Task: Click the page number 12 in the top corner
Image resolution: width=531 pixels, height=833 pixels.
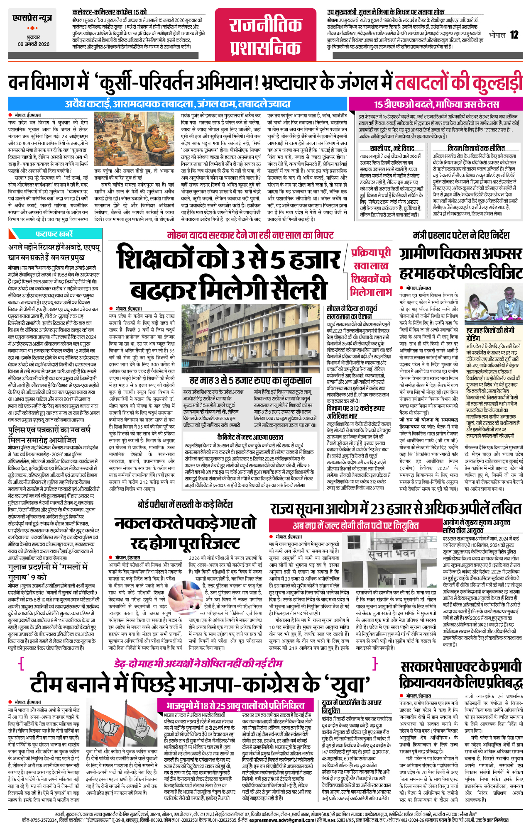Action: [514, 35]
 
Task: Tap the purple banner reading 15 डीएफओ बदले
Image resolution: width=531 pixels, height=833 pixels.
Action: [436, 104]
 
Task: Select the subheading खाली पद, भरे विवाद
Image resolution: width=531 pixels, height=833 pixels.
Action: [392, 148]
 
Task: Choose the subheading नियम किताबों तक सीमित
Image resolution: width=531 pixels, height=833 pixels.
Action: [476, 148]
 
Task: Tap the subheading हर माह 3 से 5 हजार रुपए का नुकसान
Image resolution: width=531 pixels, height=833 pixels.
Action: [250, 380]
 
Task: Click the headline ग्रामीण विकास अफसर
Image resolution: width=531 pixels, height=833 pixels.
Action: [460, 253]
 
